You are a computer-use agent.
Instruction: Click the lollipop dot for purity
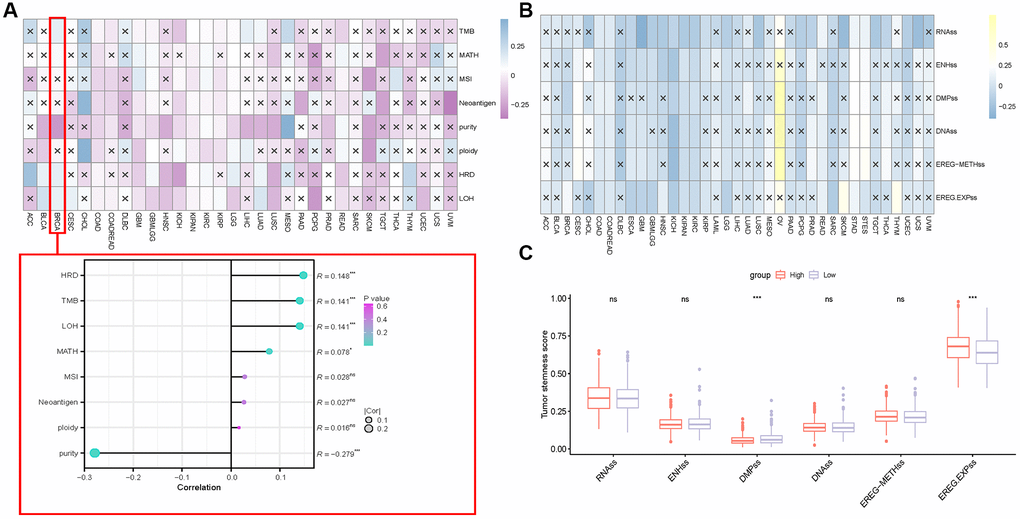point(94,453)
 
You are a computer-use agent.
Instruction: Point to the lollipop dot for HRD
point(303,275)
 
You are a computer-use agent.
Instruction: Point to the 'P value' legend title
point(376,297)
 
